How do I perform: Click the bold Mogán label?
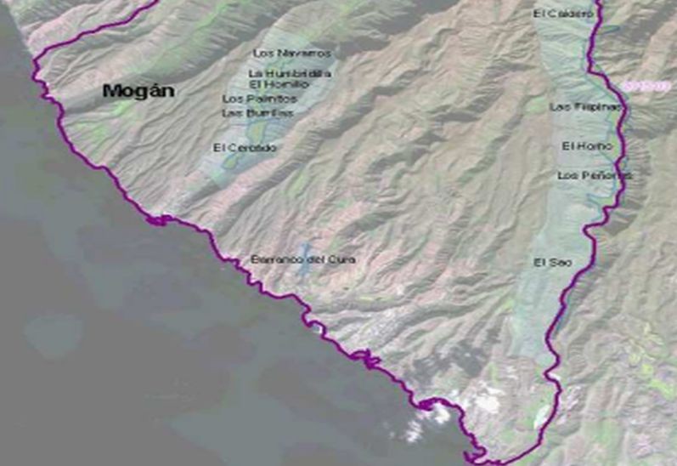tap(138, 90)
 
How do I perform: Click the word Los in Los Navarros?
tap(264, 53)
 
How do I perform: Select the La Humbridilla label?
tap(279, 74)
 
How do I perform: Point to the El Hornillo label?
tap(279, 85)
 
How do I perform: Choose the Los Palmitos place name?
tap(253, 99)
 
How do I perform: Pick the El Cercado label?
tap(245, 148)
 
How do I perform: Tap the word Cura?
tap(343, 259)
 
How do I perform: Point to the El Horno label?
tap(586, 146)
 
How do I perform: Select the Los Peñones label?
tap(595, 175)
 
